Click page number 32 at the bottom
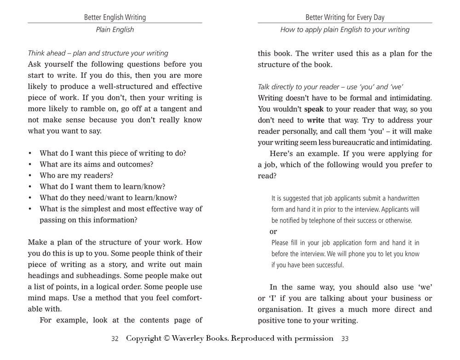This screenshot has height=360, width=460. point(115,339)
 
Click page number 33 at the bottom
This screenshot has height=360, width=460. point(345,339)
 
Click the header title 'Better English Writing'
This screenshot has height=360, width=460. point(115,17)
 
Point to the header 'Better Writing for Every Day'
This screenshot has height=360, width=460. point(345,17)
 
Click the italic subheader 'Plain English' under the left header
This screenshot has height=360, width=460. point(115,29)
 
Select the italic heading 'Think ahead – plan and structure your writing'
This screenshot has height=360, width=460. point(98,53)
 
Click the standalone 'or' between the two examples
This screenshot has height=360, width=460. point(273,232)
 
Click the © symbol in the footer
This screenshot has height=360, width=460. point(166,338)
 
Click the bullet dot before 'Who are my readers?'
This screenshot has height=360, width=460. point(30,175)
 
